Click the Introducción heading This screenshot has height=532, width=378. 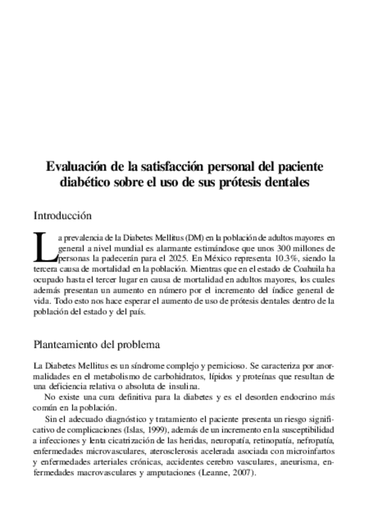[63, 216]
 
